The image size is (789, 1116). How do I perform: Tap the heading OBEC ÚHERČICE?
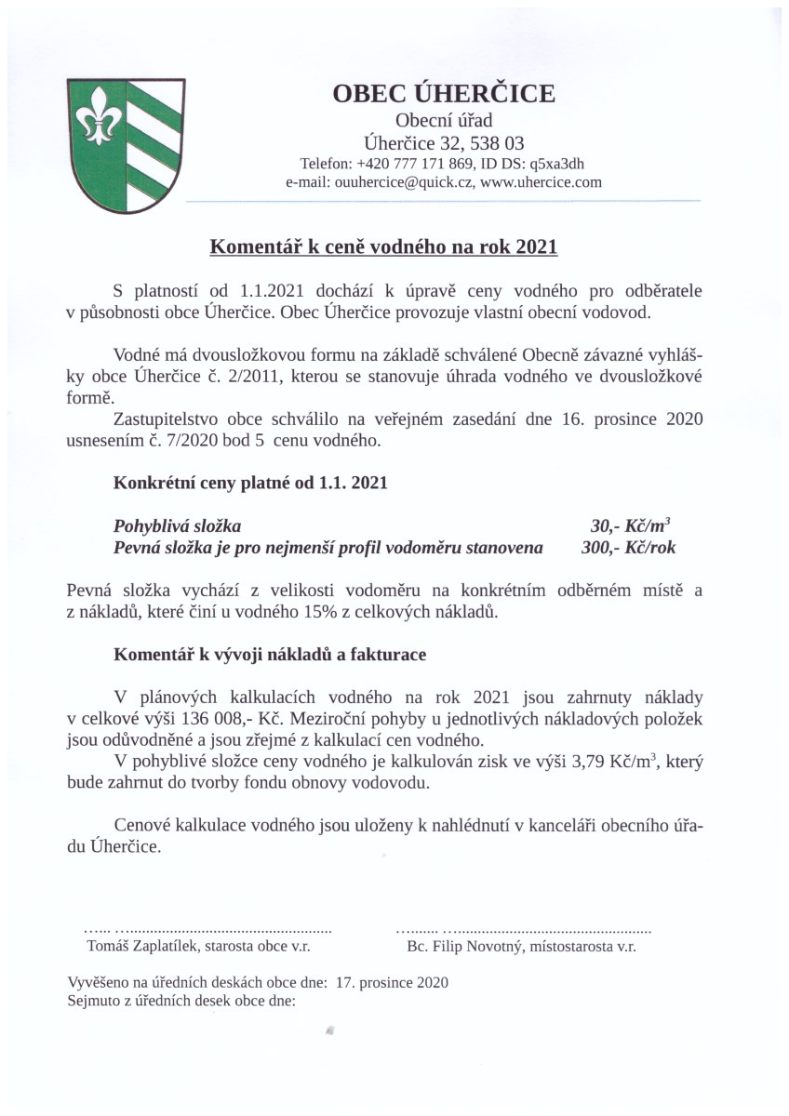(x=444, y=94)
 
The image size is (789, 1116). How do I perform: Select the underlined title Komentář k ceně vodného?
(x=383, y=247)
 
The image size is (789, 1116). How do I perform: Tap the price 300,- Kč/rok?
(x=628, y=548)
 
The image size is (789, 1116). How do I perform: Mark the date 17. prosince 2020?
(x=393, y=981)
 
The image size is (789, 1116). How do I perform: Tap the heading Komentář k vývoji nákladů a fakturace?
(x=270, y=655)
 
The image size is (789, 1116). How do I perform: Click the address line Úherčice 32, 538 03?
(x=444, y=142)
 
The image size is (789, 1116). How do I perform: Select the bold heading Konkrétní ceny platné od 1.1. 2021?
(x=250, y=484)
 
